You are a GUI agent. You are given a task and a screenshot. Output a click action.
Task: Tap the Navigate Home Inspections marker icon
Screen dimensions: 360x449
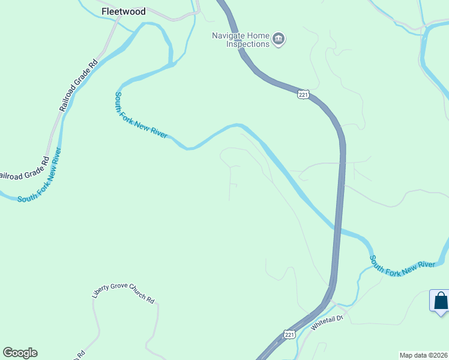(279, 40)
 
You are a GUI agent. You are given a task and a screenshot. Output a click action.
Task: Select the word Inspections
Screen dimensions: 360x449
(248, 44)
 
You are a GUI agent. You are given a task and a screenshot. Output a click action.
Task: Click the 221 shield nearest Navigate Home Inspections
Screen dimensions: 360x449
(304, 95)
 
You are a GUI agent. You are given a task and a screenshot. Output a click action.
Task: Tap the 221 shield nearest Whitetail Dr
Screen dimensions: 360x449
(289, 334)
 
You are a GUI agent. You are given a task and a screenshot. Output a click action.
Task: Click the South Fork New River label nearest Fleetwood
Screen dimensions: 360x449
(141, 116)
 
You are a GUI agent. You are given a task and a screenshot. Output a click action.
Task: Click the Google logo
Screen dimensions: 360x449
(20, 353)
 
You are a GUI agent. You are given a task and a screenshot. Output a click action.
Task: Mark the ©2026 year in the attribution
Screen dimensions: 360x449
(436, 355)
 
